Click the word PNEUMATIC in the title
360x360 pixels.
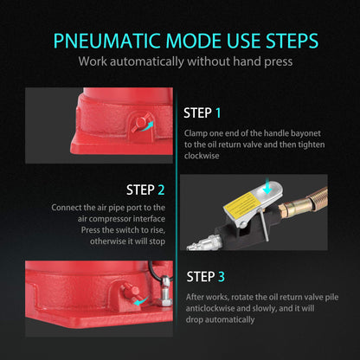tap(106, 41)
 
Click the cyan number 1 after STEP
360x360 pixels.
tap(218, 112)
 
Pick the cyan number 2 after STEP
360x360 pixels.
tap(161, 190)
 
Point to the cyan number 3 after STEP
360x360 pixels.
tap(221, 277)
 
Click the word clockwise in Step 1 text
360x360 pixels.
tap(202, 156)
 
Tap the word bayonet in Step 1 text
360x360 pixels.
tap(305, 133)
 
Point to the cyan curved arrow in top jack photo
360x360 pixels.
tap(148, 126)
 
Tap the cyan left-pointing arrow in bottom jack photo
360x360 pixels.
tap(140, 302)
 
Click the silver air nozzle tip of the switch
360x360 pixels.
tap(202, 243)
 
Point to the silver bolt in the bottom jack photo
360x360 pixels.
tap(165, 291)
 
